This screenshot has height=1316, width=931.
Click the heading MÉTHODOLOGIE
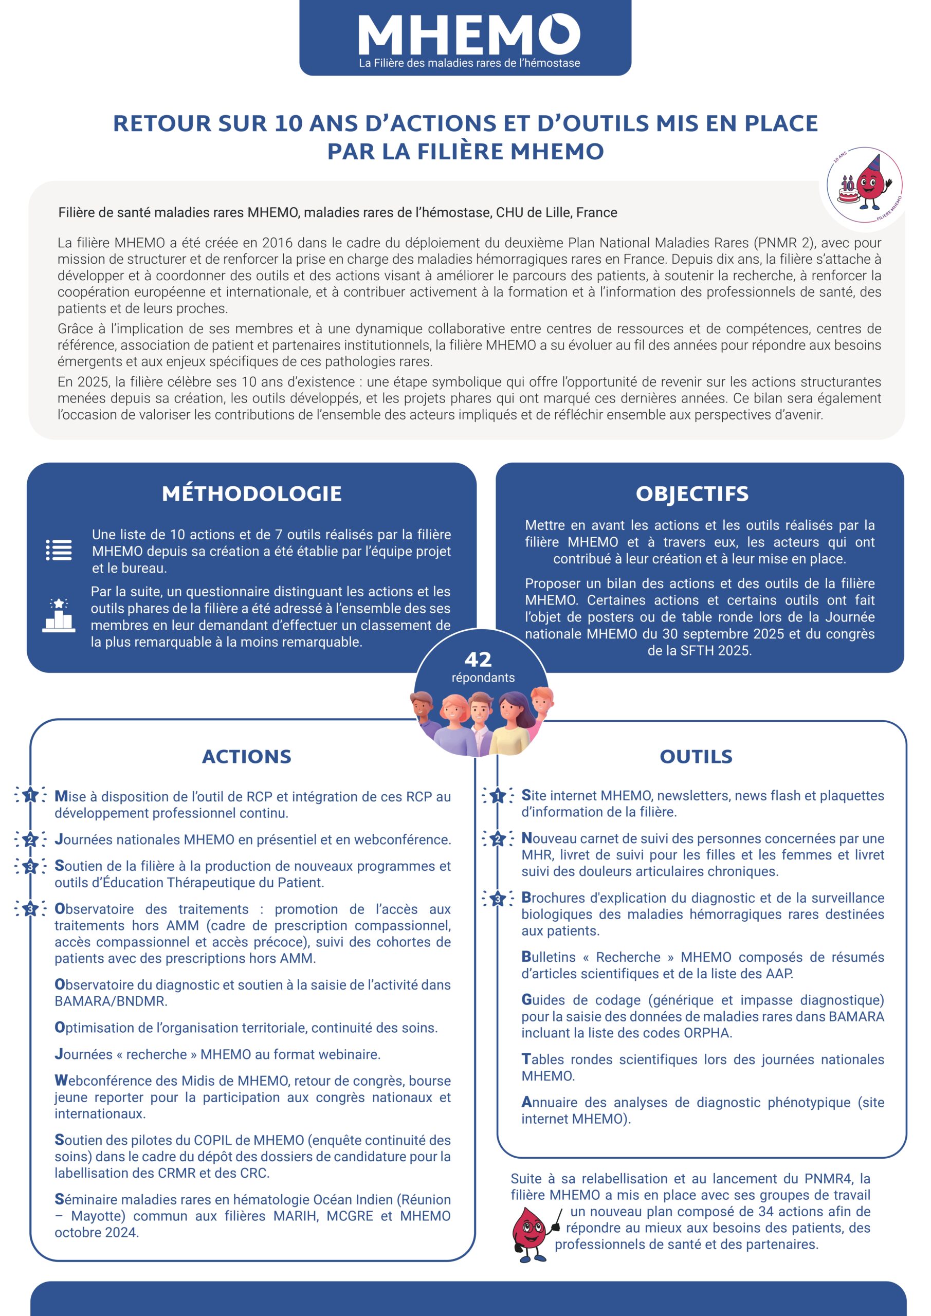pos(252,493)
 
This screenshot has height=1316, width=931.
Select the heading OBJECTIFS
pos(692,493)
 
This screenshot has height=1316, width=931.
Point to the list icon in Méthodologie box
pos(59,550)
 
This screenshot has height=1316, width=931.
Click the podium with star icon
pos(59,615)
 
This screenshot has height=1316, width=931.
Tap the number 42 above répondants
pos(478,660)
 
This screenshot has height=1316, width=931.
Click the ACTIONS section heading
pos(247,757)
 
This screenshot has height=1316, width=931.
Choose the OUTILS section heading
pos(696,757)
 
